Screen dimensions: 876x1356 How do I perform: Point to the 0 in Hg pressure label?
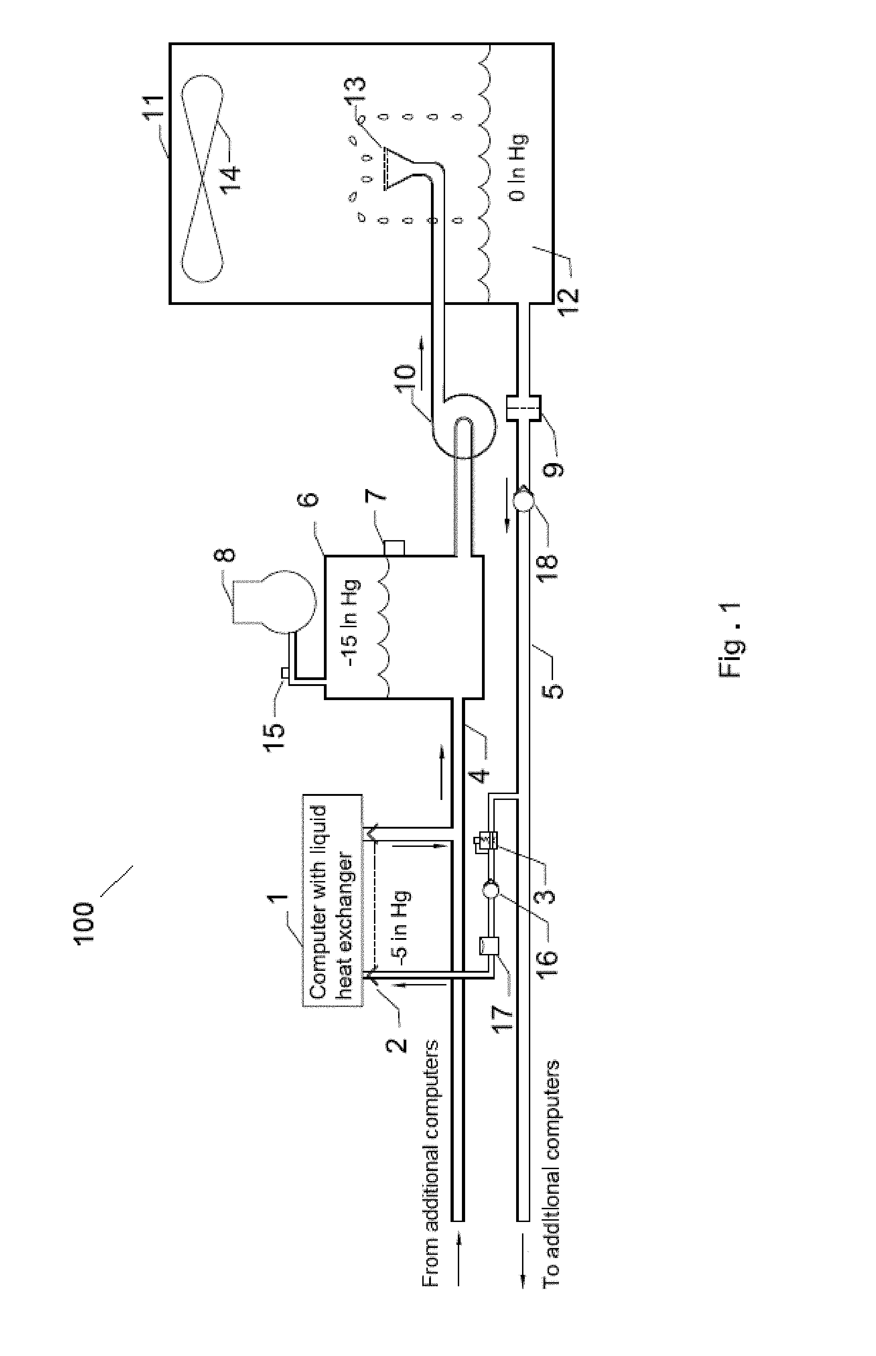point(519,167)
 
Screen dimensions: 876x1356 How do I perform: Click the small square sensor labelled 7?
point(394,548)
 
